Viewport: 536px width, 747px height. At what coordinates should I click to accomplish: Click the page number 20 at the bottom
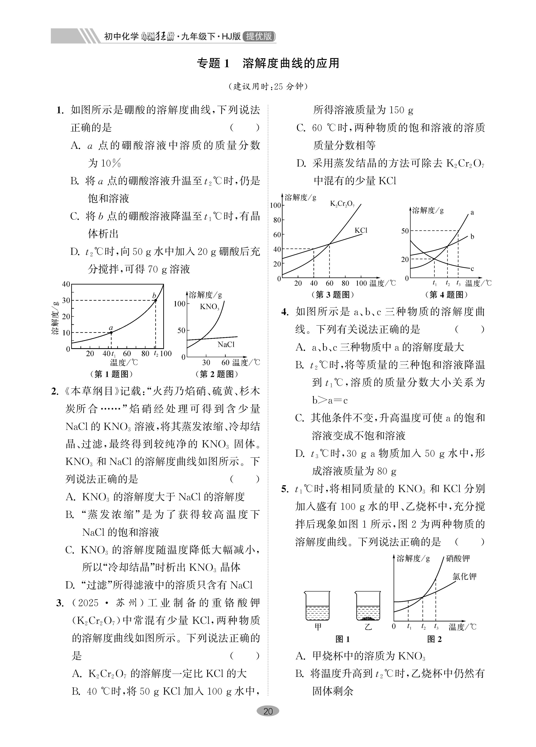268,711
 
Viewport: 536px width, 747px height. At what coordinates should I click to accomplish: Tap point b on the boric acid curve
155,300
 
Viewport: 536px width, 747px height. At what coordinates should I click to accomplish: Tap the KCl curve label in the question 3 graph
361,231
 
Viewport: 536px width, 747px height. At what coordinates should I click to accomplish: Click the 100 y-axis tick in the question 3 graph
275,206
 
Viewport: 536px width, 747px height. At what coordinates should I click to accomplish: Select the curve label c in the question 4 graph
472,268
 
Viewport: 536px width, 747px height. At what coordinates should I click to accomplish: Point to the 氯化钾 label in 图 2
464,576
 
